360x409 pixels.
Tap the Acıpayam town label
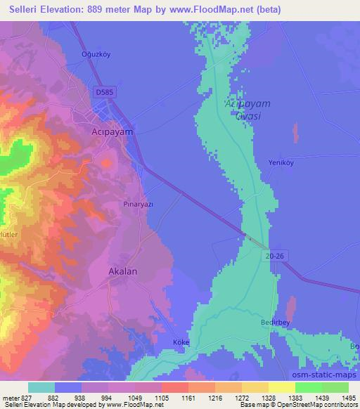pos(112,131)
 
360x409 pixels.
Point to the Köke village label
pos(181,342)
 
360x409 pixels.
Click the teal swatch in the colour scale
pos(41,387)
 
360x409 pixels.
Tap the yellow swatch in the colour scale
pos(281,387)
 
